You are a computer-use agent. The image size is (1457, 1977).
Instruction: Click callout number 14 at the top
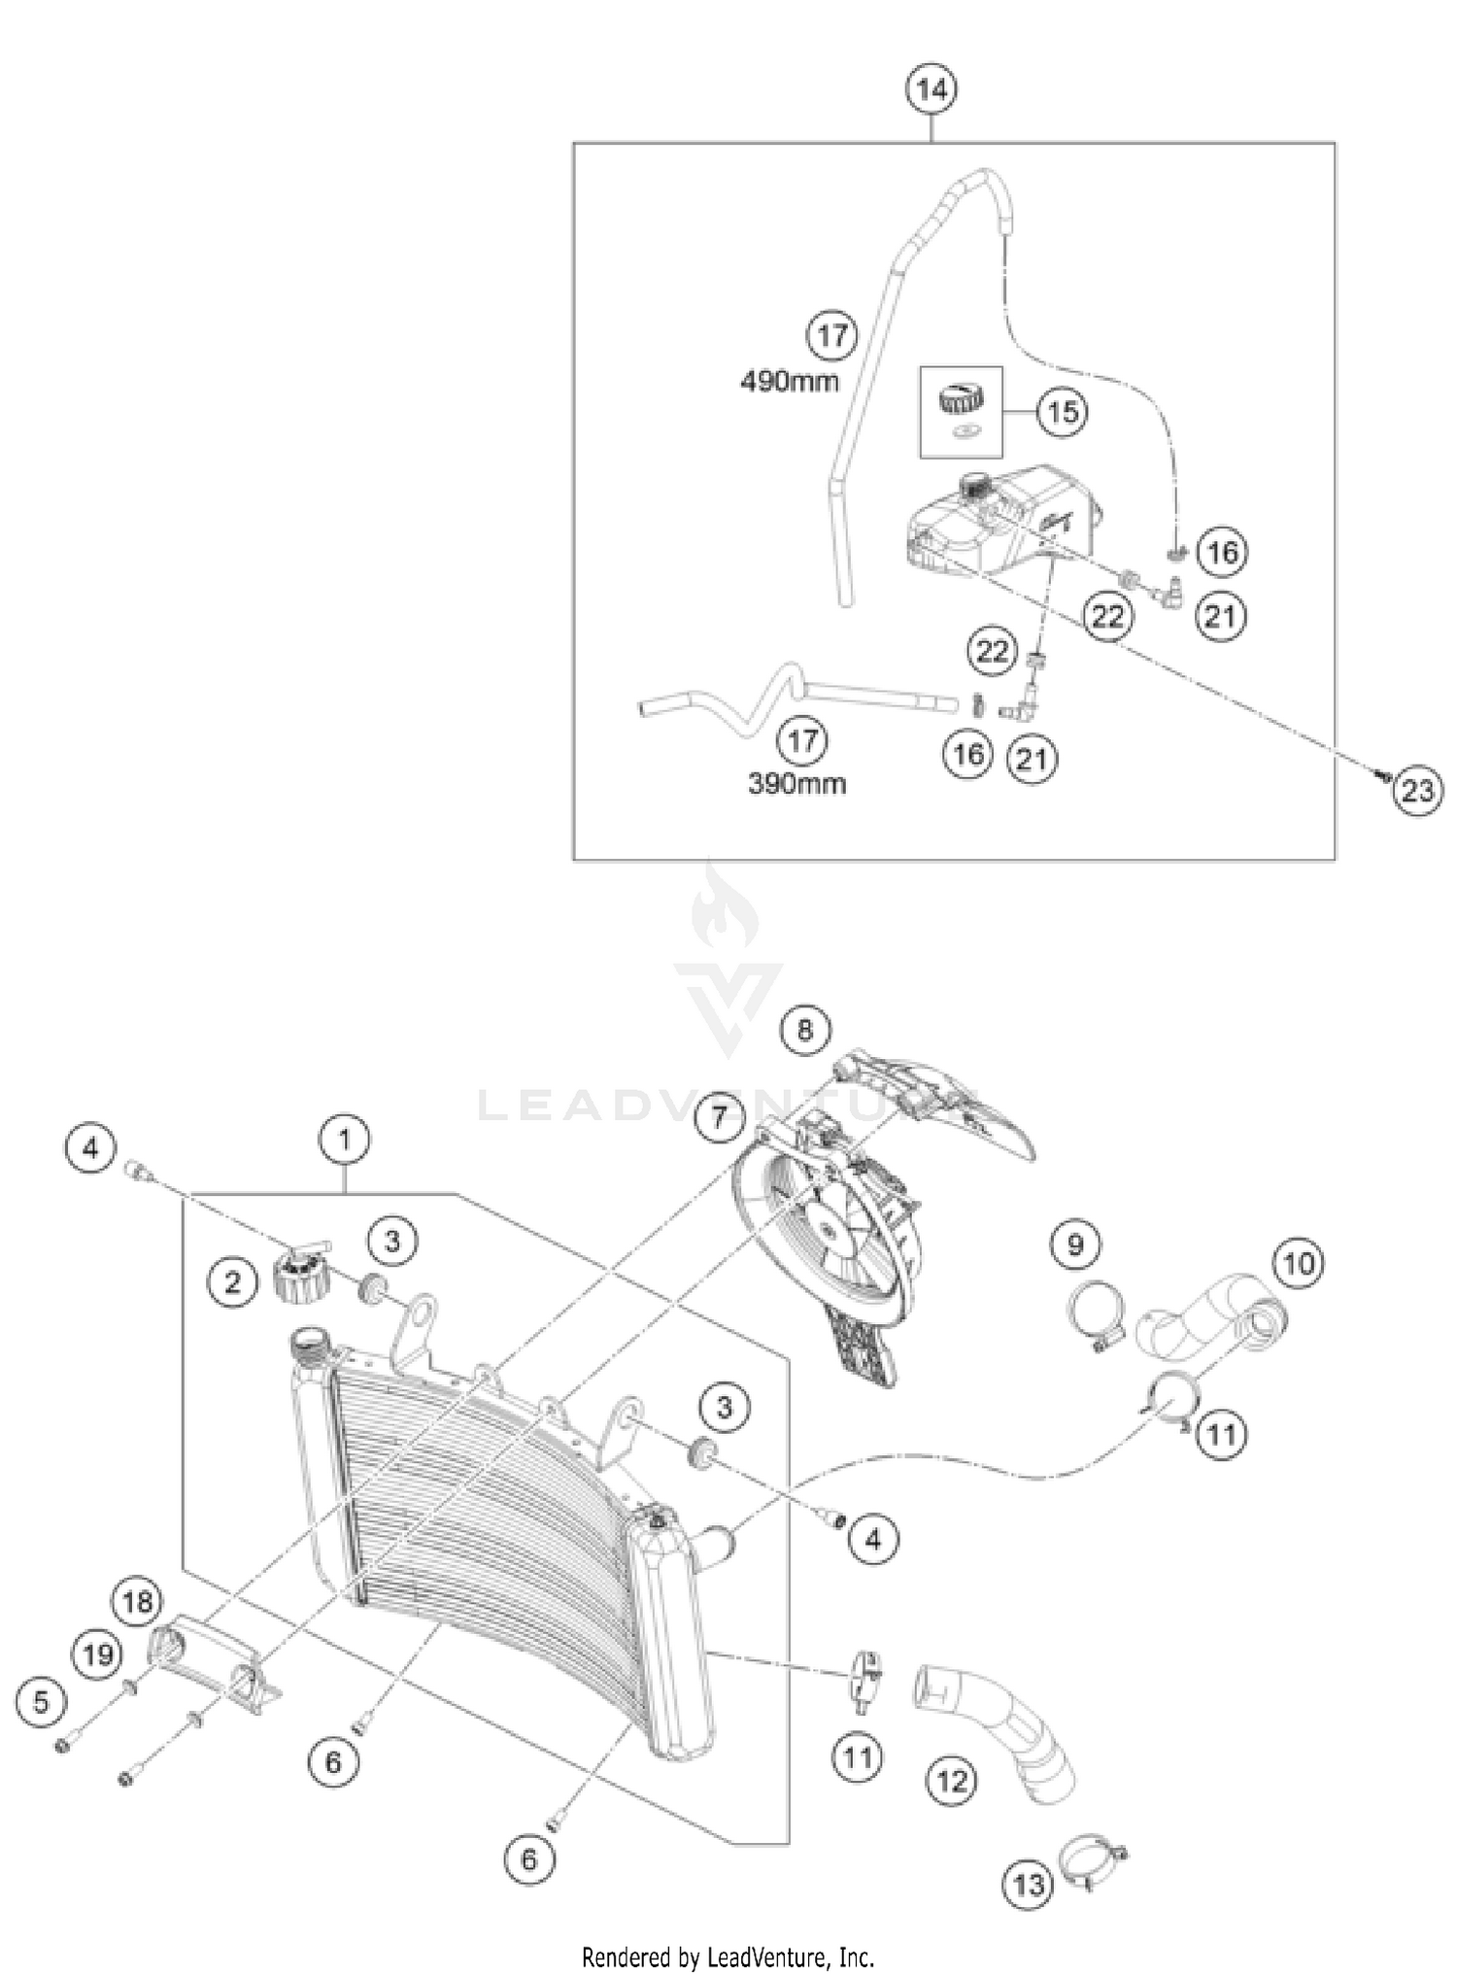(931, 89)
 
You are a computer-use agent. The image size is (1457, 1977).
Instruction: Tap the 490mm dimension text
(789, 381)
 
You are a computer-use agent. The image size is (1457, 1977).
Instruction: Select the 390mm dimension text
(796, 784)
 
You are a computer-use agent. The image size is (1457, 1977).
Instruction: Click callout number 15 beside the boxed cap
(1062, 412)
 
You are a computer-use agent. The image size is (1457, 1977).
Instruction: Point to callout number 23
(1417, 791)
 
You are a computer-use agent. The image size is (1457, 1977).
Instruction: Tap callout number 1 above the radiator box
(344, 1139)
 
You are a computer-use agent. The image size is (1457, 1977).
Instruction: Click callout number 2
(232, 1282)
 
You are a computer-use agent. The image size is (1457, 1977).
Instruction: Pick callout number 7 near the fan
(719, 1116)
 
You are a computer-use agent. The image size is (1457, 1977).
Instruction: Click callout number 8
(804, 1029)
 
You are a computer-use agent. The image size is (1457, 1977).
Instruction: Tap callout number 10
(1299, 1263)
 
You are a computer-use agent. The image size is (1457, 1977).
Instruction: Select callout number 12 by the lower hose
(951, 1780)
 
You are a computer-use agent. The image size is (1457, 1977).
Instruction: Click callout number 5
(41, 1701)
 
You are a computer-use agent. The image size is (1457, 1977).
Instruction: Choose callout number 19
(97, 1654)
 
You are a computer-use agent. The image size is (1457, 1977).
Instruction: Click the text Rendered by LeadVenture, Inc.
(728, 1955)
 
